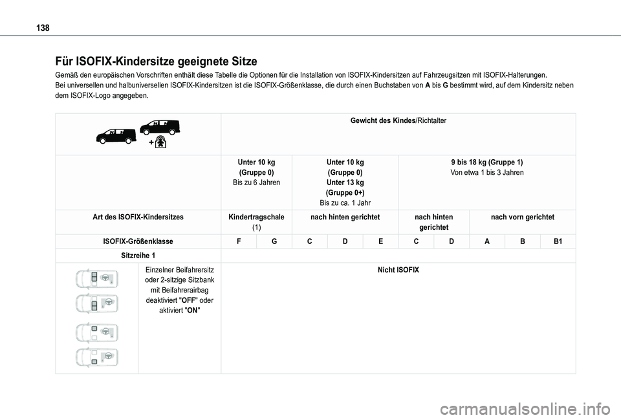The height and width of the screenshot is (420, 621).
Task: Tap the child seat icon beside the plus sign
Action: tap(160, 142)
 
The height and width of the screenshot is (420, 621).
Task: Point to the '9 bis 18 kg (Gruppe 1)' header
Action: tap(486, 162)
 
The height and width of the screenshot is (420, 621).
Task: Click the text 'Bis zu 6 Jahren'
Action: tap(256, 183)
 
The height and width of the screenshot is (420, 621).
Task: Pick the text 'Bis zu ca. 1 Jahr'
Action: tap(345, 204)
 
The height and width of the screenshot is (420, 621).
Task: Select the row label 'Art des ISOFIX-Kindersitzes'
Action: tap(138, 217)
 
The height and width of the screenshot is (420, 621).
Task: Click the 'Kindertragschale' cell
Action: tap(256, 217)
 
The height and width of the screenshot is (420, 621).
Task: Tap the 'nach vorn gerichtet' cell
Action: tap(523, 217)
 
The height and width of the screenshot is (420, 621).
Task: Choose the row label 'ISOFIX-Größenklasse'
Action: tap(138, 241)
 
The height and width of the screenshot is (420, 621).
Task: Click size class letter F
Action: tap(239, 241)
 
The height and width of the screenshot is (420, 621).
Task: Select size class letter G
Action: tap(274, 241)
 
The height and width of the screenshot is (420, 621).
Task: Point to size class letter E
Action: tap(380, 241)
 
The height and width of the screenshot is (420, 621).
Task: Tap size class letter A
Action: tap(486, 241)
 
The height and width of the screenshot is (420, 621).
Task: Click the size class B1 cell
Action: tap(558, 241)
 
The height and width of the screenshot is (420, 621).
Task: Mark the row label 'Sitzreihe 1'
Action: tap(138, 256)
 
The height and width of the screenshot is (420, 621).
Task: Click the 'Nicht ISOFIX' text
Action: tap(398, 269)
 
